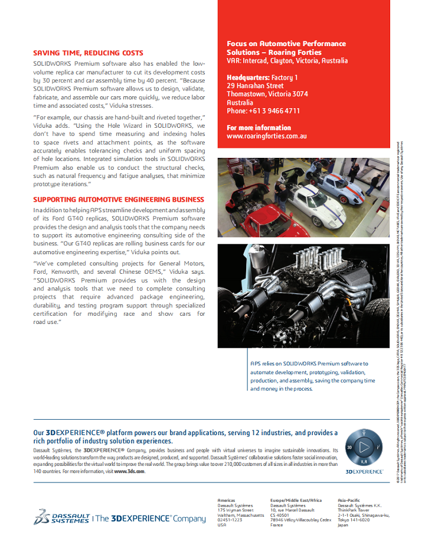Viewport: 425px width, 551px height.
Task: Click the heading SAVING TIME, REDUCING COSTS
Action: pos(88,53)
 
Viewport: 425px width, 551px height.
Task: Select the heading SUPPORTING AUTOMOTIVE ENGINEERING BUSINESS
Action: pos(119,199)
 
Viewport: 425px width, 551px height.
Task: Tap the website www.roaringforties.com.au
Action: pos(266,136)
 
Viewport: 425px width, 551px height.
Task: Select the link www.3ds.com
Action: pos(129,471)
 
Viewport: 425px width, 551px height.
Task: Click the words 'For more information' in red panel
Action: pos(259,128)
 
